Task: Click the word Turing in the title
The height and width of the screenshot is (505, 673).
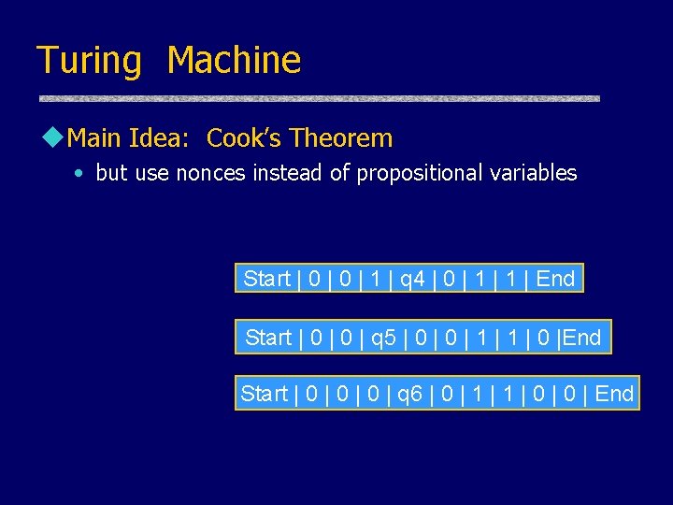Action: (89, 61)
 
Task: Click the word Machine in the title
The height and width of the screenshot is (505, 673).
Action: (234, 61)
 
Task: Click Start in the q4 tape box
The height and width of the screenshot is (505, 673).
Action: (266, 279)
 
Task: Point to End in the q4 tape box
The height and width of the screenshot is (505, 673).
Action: (556, 279)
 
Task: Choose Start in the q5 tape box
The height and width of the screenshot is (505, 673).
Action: (268, 337)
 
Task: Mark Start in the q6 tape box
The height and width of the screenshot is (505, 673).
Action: (264, 394)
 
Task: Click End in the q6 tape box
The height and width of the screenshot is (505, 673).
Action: (614, 394)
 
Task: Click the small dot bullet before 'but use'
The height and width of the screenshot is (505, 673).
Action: (82, 174)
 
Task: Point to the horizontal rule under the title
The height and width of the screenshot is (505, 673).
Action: (318, 98)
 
